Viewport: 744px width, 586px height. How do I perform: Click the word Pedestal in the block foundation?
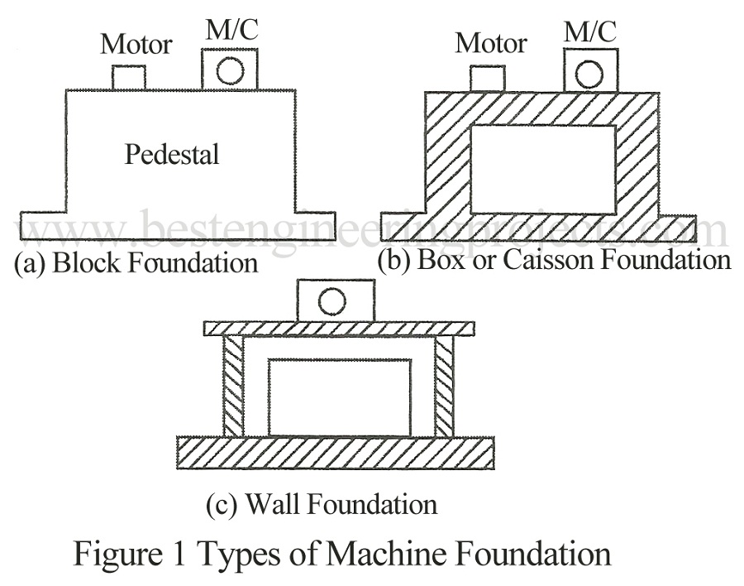172,154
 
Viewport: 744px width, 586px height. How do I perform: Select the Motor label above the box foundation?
491,42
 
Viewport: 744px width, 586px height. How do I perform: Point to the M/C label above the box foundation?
589,31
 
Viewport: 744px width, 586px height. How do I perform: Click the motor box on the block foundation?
129,78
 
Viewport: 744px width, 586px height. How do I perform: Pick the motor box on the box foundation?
487,79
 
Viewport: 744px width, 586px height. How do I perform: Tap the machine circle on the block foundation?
230,71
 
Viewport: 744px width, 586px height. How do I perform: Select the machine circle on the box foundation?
589,74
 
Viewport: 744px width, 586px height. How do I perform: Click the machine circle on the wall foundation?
331,301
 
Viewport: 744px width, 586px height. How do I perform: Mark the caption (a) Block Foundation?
136,264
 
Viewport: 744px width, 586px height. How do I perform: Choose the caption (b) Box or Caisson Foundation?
554,260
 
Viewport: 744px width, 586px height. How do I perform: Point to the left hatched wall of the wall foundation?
233,387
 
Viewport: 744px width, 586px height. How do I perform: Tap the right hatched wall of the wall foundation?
444,387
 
